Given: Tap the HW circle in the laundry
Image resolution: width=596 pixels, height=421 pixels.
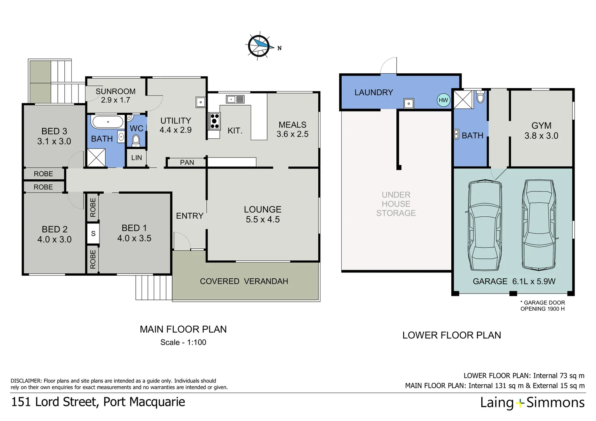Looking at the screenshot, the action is tap(443, 100).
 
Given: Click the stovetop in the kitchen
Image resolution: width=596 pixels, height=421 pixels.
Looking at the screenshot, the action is tap(214, 121).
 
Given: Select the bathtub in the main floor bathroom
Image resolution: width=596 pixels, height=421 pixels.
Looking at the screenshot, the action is tap(107, 122).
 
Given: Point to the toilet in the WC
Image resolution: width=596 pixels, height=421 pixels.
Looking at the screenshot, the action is tap(136, 140).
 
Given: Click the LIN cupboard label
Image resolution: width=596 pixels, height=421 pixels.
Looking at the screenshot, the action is tap(137, 158).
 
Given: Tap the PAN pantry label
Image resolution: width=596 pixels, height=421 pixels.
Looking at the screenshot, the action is tap(187, 163).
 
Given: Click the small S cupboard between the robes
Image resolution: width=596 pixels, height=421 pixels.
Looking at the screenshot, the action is tap(93, 233).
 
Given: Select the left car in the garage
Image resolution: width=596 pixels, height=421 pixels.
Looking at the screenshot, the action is tap(485, 225).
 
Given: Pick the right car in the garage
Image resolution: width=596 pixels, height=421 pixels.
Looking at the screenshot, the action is tap(539, 225).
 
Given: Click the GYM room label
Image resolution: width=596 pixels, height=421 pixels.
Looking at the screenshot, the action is tap(541, 126).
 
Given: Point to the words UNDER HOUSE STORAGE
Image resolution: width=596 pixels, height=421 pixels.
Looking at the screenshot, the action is tap(396, 204).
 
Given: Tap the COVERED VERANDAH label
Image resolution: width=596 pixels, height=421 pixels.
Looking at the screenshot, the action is tap(244, 281).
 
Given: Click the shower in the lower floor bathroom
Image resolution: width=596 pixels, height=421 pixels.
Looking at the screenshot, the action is tap(463, 100).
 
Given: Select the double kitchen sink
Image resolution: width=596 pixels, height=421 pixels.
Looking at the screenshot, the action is tap(235, 99).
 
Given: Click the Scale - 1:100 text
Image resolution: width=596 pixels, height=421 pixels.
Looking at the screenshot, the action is tap(183, 342).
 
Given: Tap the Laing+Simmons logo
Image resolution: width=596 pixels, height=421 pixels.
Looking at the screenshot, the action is tap(532, 403).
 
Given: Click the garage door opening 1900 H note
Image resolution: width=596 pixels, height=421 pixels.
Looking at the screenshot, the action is tap(543, 306).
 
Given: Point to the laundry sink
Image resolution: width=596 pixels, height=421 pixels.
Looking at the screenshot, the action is tap(408, 103).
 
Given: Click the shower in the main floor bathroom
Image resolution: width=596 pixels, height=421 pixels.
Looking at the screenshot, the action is tap(96, 158).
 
